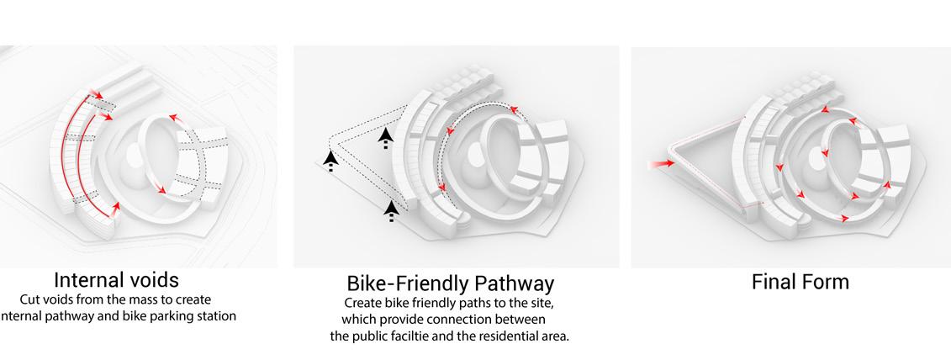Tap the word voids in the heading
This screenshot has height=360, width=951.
click(151, 279)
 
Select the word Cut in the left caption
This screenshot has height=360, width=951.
click(30, 299)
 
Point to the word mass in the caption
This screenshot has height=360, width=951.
click(139, 299)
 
